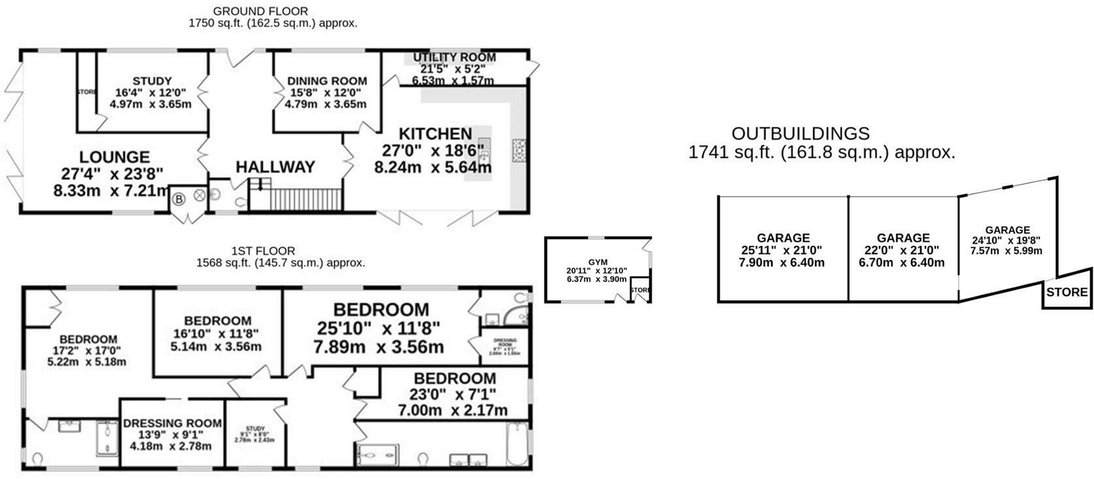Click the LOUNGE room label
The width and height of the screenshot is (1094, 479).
click(x=114, y=157)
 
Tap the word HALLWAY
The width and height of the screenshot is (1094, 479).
click(x=275, y=167)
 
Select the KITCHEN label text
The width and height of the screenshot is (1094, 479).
click(x=435, y=134)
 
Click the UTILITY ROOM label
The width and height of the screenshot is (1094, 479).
click(x=454, y=58)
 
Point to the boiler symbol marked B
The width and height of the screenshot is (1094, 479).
click(x=178, y=197)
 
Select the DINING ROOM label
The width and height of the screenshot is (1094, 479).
click(x=327, y=81)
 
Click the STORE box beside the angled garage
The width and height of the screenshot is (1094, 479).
click(x=1067, y=293)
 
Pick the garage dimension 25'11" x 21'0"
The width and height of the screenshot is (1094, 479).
click(x=782, y=250)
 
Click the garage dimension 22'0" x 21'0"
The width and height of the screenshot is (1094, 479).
click(x=903, y=250)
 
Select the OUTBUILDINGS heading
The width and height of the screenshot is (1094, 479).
click(x=800, y=134)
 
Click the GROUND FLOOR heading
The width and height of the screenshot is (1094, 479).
click(x=261, y=11)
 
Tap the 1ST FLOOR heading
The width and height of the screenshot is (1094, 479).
click(x=263, y=251)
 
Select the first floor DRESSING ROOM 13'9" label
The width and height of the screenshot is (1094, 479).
click(x=167, y=423)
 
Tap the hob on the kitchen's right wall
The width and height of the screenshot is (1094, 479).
click(x=521, y=150)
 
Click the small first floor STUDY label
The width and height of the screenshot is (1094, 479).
click(x=255, y=429)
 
